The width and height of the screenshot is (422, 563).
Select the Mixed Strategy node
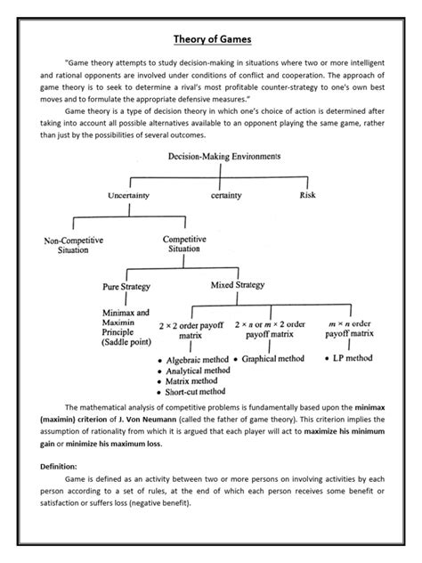click(x=239, y=286)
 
